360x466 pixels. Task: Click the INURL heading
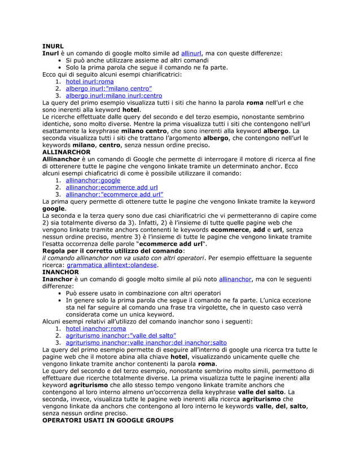coord(53,45)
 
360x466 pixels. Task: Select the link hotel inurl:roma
coord(90,81)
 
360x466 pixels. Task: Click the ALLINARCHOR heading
coord(67,152)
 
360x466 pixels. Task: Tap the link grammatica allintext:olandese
coord(112,264)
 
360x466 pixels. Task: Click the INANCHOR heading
coord(61,271)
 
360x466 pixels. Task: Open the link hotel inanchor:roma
coord(96,328)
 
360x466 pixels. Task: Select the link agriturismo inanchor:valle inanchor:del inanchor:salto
coord(146,342)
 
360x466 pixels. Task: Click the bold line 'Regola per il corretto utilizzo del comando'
coord(112,250)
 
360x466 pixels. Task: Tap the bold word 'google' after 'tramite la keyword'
coord(54,208)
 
